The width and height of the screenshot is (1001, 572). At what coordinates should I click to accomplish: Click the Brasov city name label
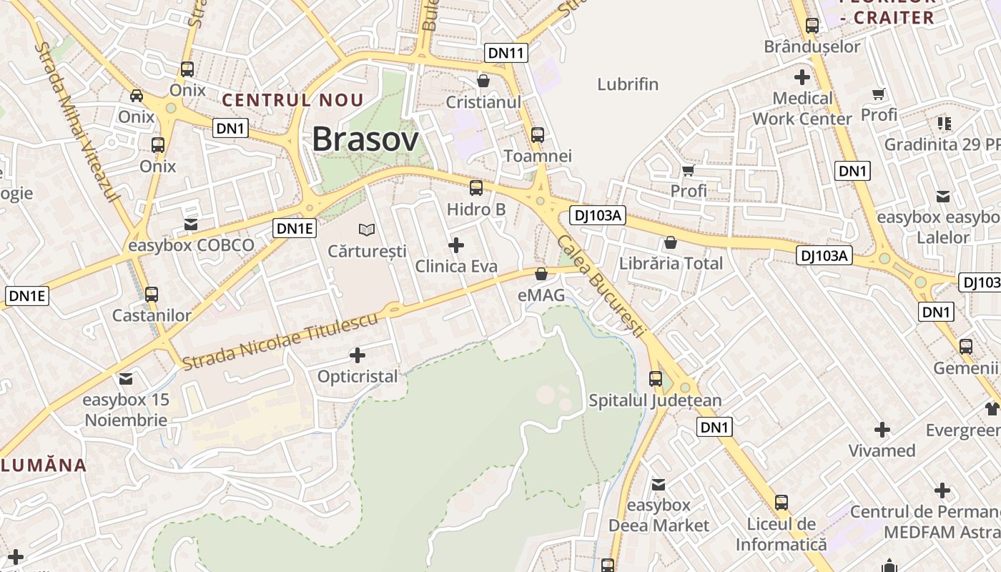pyautogui.click(x=365, y=139)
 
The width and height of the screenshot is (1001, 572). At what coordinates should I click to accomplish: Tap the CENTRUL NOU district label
pyautogui.click(x=292, y=100)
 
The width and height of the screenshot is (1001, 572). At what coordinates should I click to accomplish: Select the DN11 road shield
pyautogui.click(x=506, y=52)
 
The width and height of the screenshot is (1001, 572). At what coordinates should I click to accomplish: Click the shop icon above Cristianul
pyautogui.click(x=483, y=81)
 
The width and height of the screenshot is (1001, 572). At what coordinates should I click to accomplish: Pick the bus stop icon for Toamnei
pyautogui.click(x=538, y=134)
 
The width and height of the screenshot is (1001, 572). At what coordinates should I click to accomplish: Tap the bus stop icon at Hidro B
pyautogui.click(x=476, y=188)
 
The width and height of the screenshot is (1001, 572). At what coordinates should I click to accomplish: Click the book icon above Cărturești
pyautogui.click(x=367, y=230)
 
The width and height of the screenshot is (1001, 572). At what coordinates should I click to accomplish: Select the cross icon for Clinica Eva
pyautogui.click(x=455, y=245)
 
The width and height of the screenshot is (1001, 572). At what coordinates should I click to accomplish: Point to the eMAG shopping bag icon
pyautogui.click(x=541, y=274)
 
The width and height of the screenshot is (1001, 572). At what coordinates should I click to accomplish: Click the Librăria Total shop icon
pyautogui.click(x=671, y=242)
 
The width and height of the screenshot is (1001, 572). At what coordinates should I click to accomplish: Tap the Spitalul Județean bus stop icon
pyautogui.click(x=656, y=379)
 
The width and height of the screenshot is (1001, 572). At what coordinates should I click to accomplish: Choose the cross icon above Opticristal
pyautogui.click(x=357, y=355)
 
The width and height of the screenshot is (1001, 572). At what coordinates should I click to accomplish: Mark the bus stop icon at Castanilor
pyautogui.click(x=152, y=294)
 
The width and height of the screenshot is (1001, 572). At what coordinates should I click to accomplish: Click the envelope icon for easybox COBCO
pyautogui.click(x=190, y=225)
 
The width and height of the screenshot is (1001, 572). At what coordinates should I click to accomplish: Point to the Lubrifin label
pyautogui.click(x=628, y=84)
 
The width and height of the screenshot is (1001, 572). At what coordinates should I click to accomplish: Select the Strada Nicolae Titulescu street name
pyautogui.click(x=280, y=342)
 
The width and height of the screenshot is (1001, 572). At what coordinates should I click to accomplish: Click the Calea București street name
pyautogui.click(x=601, y=286)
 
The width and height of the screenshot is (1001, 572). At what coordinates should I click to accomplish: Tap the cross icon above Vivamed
pyautogui.click(x=882, y=430)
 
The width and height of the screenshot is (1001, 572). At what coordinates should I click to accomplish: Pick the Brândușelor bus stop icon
pyautogui.click(x=812, y=26)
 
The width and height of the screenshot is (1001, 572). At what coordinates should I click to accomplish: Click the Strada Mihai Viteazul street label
pyautogui.click(x=78, y=122)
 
